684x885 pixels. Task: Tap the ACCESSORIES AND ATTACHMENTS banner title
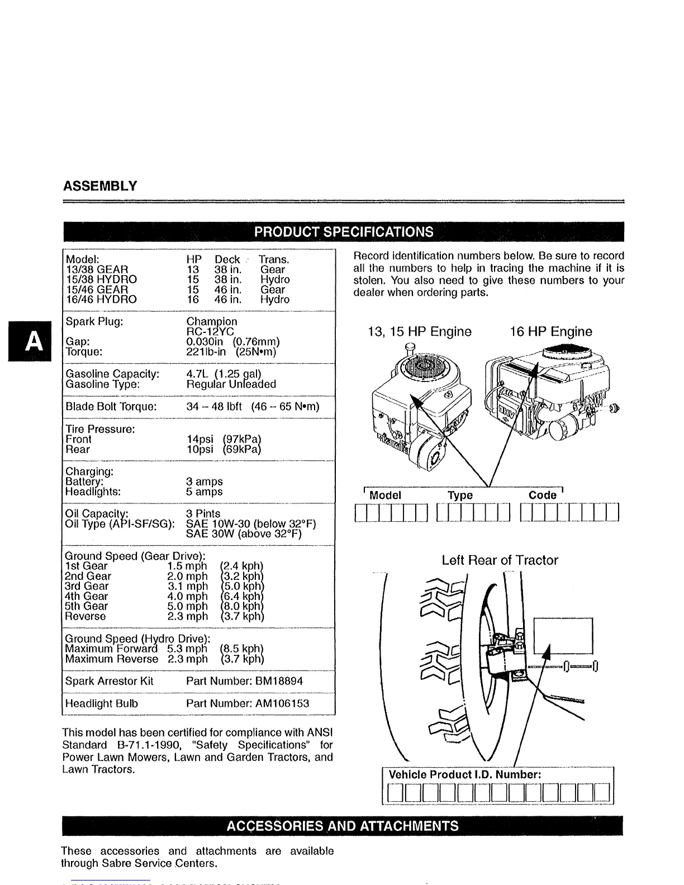point(343,826)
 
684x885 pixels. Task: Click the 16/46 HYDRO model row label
point(101,299)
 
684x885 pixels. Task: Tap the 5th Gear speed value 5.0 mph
point(187,606)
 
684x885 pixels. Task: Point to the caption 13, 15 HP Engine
point(420,331)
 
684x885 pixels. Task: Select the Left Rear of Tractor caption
point(500,560)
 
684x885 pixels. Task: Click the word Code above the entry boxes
point(543,495)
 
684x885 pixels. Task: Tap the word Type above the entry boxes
point(460,495)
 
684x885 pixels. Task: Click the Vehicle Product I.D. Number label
point(464,774)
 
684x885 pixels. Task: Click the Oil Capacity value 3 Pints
point(203,513)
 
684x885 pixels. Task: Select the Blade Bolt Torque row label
point(111,406)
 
